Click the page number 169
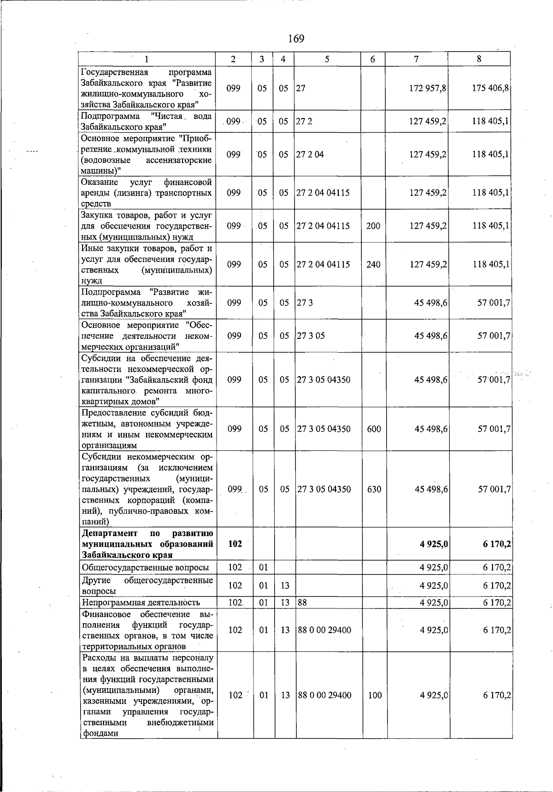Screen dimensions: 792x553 click(x=296, y=39)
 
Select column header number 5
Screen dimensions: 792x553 click(x=327, y=59)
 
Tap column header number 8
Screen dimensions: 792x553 click(x=479, y=59)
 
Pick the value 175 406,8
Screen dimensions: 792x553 click(x=490, y=88)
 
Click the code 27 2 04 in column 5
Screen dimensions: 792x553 click(x=310, y=154)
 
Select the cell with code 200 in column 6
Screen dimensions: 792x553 click(x=373, y=226)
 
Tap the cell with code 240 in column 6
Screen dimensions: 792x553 click(x=373, y=265)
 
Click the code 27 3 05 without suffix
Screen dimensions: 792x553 click(x=311, y=336)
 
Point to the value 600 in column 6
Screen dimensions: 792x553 click(x=374, y=429)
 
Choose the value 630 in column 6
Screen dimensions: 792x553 click(x=374, y=489)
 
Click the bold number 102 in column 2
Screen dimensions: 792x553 click(x=235, y=544)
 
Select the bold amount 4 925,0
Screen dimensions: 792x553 click(x=434, y=544)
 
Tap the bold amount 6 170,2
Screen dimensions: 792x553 click(x=496, y=544)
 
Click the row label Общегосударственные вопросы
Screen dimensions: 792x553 click(x=145, y=567)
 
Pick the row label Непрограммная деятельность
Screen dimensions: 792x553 click(x=141, y=603)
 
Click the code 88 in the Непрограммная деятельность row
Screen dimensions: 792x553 click(x=302, y=603)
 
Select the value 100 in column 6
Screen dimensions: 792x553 click(x=375, y=695)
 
